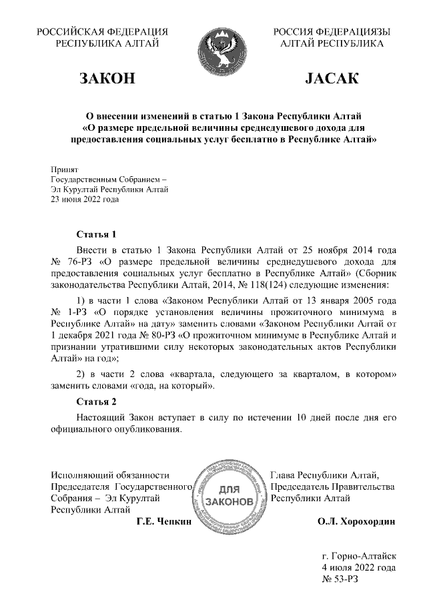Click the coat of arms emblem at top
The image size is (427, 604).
224,46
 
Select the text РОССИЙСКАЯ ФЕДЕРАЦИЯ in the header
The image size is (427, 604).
102,31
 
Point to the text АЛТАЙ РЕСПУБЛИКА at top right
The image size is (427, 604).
332,43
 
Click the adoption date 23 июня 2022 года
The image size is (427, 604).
85,199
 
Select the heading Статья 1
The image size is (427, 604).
97,234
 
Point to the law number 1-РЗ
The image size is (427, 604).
75,312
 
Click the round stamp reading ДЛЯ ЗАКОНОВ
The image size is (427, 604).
229,495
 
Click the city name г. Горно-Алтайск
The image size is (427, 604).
359,555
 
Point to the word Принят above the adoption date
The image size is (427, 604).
65,170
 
